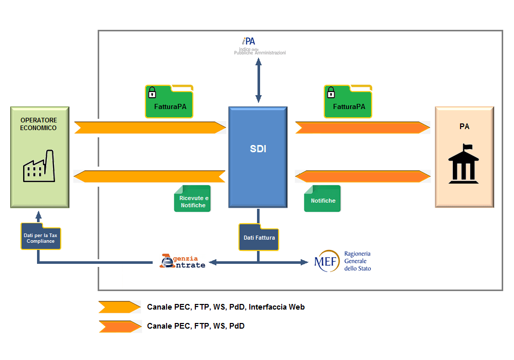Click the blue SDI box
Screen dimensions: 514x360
[258, 157]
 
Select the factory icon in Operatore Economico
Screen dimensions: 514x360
[39, 166]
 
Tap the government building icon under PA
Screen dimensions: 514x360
[464, 164]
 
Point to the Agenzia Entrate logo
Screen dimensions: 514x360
[182, 261]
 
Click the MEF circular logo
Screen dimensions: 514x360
[327, 261]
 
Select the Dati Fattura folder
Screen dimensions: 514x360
[259, 237]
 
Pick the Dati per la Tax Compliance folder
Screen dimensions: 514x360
[41, 237]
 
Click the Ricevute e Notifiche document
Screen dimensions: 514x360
[192, 199]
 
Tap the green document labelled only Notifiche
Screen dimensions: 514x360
[323, 199]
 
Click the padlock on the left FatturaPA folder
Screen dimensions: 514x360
[152, 93]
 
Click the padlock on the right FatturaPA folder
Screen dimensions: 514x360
[331, 93]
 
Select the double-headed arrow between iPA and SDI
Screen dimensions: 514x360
[259, 80]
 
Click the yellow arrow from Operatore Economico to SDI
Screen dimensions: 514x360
[150, 128]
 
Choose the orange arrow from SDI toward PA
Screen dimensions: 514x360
[362, 128]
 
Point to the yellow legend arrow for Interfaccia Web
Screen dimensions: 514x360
[120, 307]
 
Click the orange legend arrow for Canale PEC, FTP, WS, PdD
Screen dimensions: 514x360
[120, 327]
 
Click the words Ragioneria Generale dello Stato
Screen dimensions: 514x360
[358, 261]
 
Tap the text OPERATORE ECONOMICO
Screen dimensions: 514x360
[39, 124]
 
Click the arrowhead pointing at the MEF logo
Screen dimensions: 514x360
[304, 262]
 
